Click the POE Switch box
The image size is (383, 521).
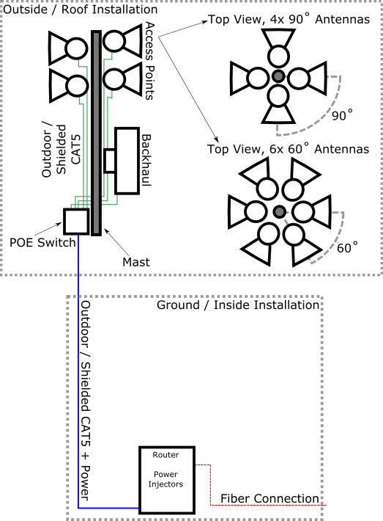click(76, 222)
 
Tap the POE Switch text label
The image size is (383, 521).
click(42, 243)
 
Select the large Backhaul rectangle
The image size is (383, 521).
click(127, 161)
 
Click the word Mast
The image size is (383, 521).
click(136, 262)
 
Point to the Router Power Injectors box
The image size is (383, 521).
click(167, 480)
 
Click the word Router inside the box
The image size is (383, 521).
click(166, 454)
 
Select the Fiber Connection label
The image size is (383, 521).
click(269, 498)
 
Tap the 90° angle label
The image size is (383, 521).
click(342, 115)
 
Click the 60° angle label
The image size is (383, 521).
click(347, 247)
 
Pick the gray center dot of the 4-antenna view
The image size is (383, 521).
click(278, 76)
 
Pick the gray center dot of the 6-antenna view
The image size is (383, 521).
click(280, 211)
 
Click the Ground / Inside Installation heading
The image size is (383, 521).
click(238, 305)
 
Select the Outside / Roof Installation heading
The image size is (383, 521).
click(80, 10)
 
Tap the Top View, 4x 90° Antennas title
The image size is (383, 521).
click(289, 19)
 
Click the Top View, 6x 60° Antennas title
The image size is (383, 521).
click(288, 148)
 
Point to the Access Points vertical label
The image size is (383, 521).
click(150, 61)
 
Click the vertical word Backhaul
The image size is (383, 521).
click(146, 160)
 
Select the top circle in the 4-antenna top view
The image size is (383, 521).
click(278, 56)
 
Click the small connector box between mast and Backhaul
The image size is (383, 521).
click(109, 161)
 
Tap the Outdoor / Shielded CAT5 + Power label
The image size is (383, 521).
click(85, 401)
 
